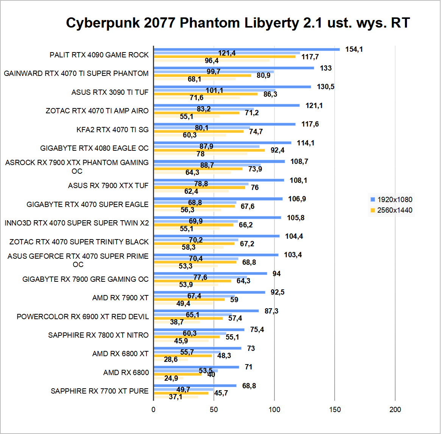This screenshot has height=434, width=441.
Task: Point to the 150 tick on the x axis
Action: [335, 409]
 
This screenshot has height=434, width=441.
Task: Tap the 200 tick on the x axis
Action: [395, 409]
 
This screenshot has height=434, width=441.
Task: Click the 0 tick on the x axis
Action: [153, 409]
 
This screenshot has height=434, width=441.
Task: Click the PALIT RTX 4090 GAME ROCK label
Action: [99, 55]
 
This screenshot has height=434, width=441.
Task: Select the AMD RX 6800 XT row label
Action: [120, 354]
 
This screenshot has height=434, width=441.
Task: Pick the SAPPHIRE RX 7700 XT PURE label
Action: [100, 391]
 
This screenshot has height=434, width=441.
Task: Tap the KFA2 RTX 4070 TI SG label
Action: [112, 130]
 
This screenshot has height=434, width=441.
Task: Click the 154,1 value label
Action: [354, 49]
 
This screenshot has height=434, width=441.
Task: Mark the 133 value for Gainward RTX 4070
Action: [326, 68]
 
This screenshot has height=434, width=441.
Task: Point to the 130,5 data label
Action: [326, 87]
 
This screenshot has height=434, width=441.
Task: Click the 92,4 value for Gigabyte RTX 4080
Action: [277, 150]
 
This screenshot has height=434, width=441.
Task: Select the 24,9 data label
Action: [171, 378]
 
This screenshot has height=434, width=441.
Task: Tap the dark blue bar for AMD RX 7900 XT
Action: [210, 292]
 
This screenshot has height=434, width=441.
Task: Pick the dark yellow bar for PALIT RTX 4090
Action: [225, 57]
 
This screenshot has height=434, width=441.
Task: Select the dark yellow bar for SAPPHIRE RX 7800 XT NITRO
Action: [187, 337]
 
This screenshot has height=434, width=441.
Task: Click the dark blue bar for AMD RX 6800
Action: [196, 367]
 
